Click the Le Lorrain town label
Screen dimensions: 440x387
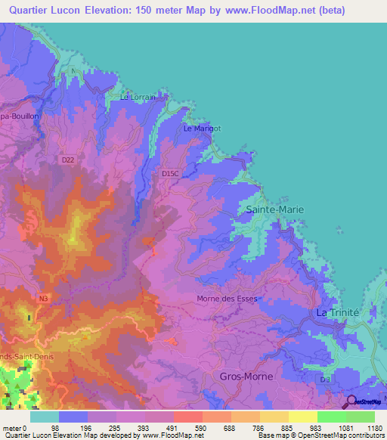pyautogui.click(x=138, y=98)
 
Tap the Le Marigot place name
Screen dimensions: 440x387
pyautogui.click(x=202, y=129)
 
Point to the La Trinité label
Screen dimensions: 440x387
pyautogui.click(x=337, y=312)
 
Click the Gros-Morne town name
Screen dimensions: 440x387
pyautogui.click(x=246, y=376)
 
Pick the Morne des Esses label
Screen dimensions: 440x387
pyautogui.click(x=227, y=299)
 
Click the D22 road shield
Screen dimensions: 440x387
pyautogui.click(x=69, y=160)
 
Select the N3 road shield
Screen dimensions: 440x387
pyautogui.click(x=43, y=299)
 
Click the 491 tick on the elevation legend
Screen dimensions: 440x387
pyautogui.click(x=172, y=428)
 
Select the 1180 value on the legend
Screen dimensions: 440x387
pyautogui.click(x=373, y=428)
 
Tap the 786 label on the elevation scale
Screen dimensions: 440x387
pyautogui.click(x=259, y=428)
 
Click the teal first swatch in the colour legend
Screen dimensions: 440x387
pyautogui.click(x=44, y=417)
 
